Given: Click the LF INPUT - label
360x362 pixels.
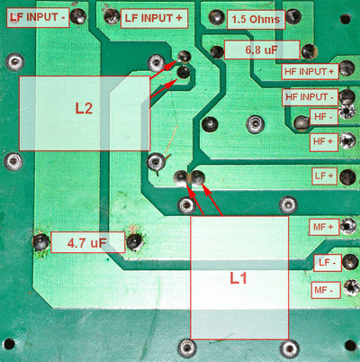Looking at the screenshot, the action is click(38, 17).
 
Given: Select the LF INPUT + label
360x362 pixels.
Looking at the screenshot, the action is click(154, 18).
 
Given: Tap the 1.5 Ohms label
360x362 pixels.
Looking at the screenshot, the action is click(256, 20).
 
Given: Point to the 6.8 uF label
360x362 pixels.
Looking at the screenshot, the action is click(262, 50).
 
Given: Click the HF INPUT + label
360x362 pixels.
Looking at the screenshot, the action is click(310, 71).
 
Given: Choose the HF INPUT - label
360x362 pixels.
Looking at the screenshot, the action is click(310, 97).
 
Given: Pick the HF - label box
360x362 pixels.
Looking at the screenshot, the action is click(324, 116).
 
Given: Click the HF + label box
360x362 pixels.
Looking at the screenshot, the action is click(324, 141).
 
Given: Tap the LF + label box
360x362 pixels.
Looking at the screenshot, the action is click(325, 176).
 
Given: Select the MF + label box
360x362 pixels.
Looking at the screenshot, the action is click(324, 227).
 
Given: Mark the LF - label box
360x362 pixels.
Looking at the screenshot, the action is click(328, 263).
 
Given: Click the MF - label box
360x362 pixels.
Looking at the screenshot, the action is click(326, 290).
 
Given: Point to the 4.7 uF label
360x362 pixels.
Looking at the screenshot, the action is click(87, 242).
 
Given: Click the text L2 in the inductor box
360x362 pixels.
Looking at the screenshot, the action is click(84, 108).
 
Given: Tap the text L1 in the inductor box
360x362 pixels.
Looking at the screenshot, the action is click(238, 278).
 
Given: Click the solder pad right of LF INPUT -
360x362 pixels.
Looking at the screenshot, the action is click(78, 15).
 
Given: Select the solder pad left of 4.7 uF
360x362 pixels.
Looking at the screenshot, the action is click(40, 242).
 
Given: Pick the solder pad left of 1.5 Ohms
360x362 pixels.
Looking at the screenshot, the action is click(217, 17).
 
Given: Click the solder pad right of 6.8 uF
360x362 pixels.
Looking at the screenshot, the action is click(309, 51).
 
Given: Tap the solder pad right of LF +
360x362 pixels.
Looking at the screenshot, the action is click(348, 177).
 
